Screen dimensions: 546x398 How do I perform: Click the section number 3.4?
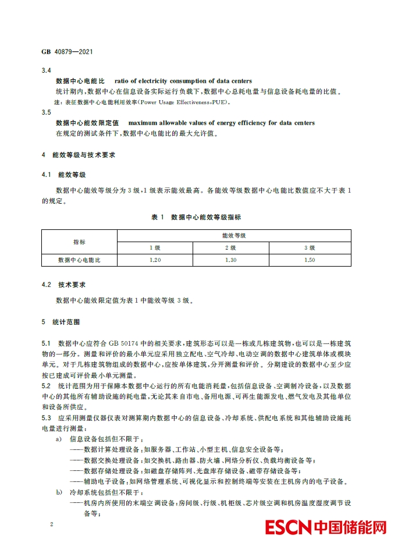tap(47, 70)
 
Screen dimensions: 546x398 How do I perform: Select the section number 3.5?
tap(47, 112)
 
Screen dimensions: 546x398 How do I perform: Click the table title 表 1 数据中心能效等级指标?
tap(196, 217)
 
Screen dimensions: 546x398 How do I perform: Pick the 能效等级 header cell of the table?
tap(234, 235)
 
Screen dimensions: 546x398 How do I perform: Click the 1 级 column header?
tap(155, 247)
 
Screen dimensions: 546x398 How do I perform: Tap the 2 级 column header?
tap(231, 247)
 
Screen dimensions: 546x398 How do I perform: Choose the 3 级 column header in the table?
tap(310, 247)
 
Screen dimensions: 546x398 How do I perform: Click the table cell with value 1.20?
tap(155, 260)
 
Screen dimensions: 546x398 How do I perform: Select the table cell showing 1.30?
tap(231, 260)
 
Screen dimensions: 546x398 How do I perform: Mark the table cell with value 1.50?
tap(310, 260)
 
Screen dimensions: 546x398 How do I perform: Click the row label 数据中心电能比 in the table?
tap(79, 260)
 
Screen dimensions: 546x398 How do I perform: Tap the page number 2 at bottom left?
tap(52, 524)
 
